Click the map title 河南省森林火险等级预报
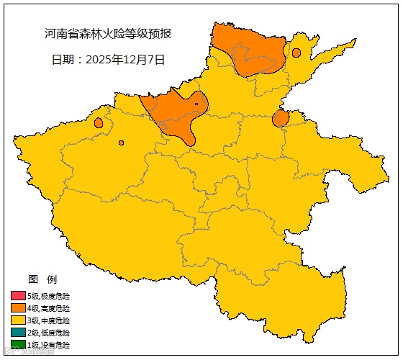point(107,34)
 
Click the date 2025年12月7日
point(107,60)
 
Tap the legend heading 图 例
point(42,279)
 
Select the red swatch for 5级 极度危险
point(18,296)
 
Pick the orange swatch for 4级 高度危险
point(18,308)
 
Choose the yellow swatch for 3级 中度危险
point(18,320)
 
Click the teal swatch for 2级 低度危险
point(18,333)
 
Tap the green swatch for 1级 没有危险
point(18,345)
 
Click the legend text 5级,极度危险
point(49,296)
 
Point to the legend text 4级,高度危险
point(49,308)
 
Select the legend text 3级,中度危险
point(49,320)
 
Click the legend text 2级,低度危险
point(49,333)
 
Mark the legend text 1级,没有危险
point(49,345)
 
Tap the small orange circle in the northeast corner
point(296,53)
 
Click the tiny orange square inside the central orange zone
point(196,104)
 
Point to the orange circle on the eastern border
point(281,118)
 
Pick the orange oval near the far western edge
point(99,122)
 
